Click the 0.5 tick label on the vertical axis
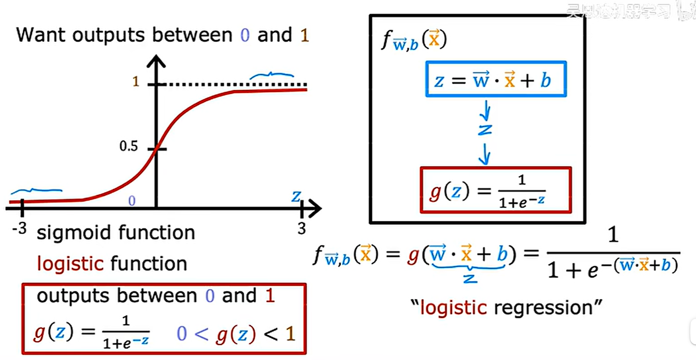coord(128,146)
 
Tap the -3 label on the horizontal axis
coord(19,229)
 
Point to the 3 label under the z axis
coord(302,228)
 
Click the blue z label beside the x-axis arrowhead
coord(296,197)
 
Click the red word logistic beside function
coord(70,264)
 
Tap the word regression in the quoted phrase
coord(543,308)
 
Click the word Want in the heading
coord(41,35)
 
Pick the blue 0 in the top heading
coord(245,35)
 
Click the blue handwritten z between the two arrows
coord(485,130)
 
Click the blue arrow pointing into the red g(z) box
coord(484,155)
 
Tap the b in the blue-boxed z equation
coord(545,81)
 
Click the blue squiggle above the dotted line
coord(271,75)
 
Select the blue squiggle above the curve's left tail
coord(36,191)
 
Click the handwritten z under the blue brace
coord(470,278)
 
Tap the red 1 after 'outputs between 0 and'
coord(270,295)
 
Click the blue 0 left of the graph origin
coord(132,201)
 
